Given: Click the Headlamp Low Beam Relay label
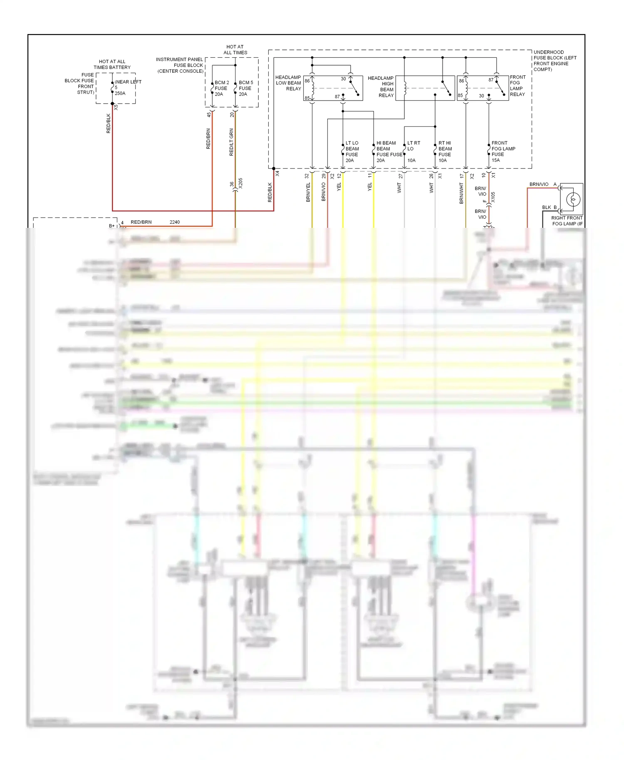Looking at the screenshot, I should (x=288, y=83).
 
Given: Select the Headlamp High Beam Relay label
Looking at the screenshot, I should (x=381, y=87).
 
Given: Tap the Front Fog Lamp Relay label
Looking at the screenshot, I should (x=518, y=86).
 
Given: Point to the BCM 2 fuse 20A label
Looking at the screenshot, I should (x=221, y=89).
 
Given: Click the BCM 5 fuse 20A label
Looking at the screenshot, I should (x=245, y=89).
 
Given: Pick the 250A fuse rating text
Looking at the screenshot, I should (x=120, y=94).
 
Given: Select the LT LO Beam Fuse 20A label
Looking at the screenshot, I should (x=352, y=152).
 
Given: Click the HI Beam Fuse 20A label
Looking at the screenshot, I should (x=386, y=152).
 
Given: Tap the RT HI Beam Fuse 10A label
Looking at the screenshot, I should (x=445, y=152).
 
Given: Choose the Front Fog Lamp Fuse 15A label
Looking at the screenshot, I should (x=503, y=152).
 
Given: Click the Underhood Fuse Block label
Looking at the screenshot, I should (x=555, y=61).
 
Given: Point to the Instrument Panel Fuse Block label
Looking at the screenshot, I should (x=180, y=65).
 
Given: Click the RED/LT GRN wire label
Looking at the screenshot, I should (x=231, y=142).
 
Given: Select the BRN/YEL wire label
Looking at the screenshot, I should (x=308, y=192).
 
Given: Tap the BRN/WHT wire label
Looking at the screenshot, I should (x=461, y=193).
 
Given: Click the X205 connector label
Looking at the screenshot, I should (x=240, y=183).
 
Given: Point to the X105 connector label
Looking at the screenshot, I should (x=493, y=197).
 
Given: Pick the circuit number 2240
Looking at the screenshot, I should (x=175, y=222).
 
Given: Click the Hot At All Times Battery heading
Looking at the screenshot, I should (x=112, y=64).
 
